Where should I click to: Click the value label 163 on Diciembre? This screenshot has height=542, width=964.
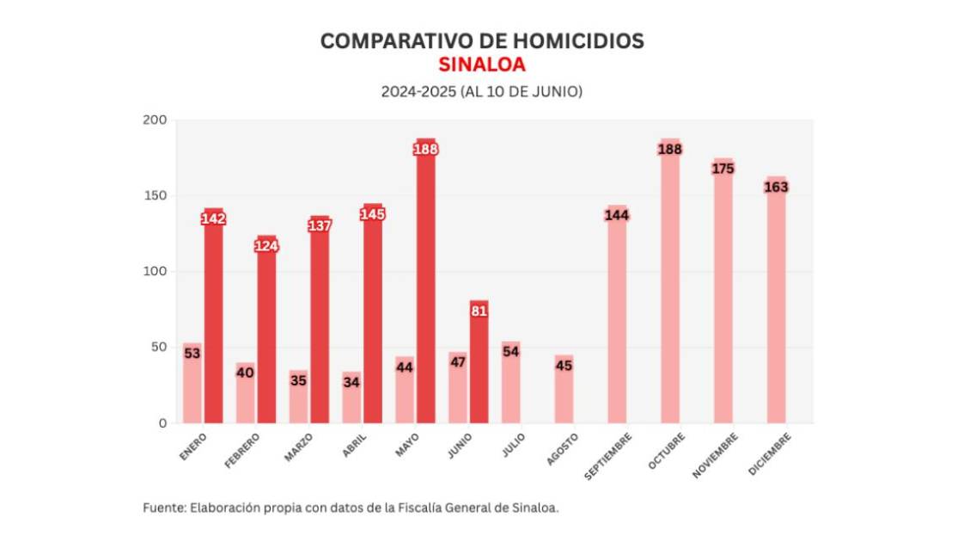click(x=776, y=188)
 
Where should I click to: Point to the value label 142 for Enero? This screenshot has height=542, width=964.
click(x=213, y=219)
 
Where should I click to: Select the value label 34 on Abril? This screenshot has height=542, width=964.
click(x=351, y=381)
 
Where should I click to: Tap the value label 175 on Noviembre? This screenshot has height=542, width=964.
click(x=723, y=169)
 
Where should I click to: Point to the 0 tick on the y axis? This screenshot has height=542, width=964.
click(x=162, y=423)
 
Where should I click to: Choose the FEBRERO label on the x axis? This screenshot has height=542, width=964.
click(x=241, y=450)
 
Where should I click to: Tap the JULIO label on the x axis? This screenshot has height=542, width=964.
click(x=514, y=444)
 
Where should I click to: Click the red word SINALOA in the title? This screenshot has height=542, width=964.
click(x=481, y=65)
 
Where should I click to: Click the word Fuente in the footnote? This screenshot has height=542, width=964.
click(x=161, y=508)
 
